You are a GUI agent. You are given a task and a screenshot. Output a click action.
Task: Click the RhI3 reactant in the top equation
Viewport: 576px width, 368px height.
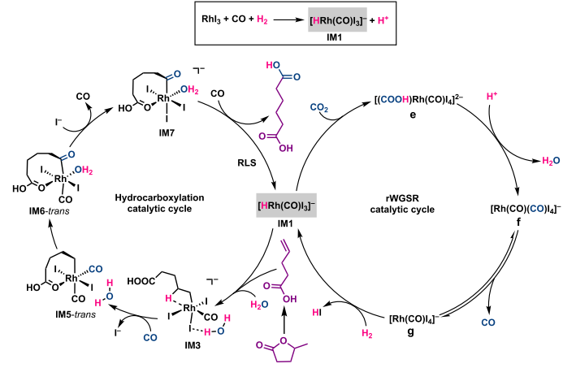pyautogui.click(x=216, y=19)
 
